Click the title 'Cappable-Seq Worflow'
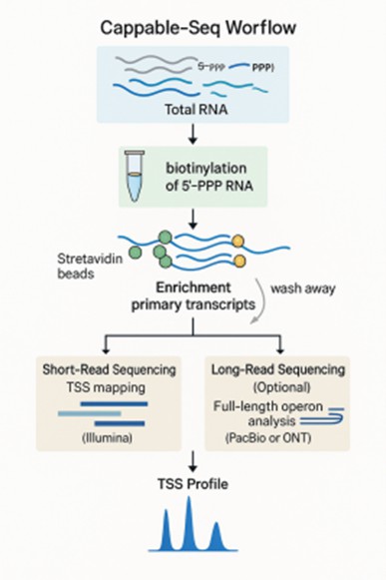[x=192, y=29]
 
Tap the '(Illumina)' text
[x=100, y=436]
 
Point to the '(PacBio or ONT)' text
[x=281, y=437]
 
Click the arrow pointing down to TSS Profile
[x=192, y=461]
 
